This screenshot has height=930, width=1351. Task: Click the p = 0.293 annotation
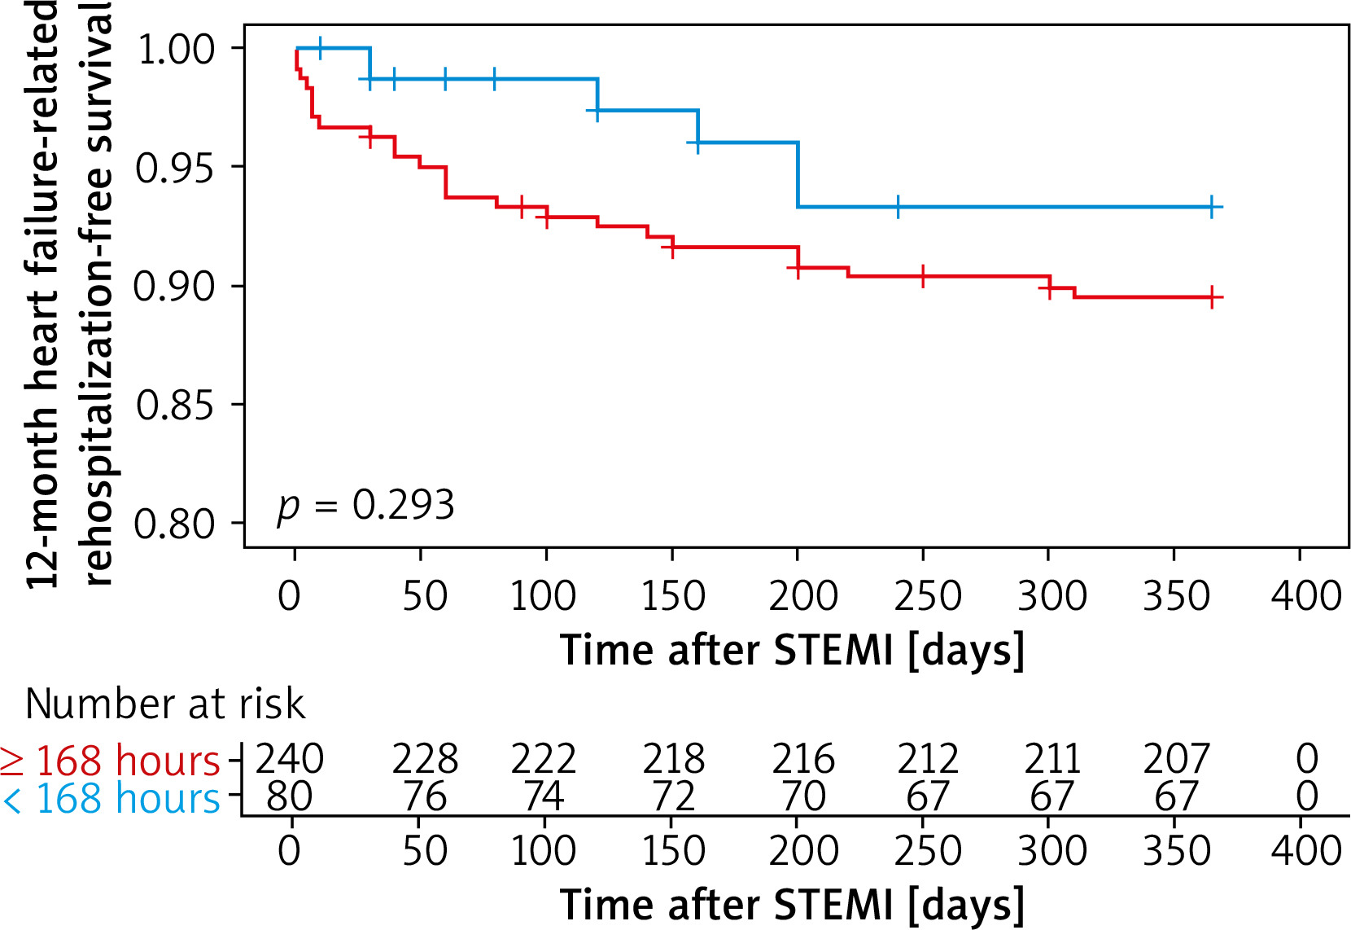tap(365, 506)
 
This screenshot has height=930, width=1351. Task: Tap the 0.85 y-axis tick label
tap(175, 405)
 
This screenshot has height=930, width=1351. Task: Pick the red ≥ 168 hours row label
tap(111, 761)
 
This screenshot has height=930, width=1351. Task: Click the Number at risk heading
tap(165, 704)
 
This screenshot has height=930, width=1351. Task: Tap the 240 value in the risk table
tap(290, 759)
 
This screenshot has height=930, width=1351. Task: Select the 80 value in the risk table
tap(290, 796)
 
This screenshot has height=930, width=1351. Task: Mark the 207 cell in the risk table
tap(1177, 759)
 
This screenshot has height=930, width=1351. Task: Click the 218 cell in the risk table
tap(673, 759)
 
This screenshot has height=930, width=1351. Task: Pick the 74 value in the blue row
tap(544, 796)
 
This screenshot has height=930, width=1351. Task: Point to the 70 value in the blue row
tap(803, 796)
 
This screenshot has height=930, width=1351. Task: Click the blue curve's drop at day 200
tap(798, 175)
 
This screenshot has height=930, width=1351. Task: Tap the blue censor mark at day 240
tap(898, 207)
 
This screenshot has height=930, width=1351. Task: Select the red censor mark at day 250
tap(923, 277)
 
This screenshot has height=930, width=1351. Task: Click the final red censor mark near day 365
tap(1212, 297)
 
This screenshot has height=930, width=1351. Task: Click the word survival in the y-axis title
tap(98, 77)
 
